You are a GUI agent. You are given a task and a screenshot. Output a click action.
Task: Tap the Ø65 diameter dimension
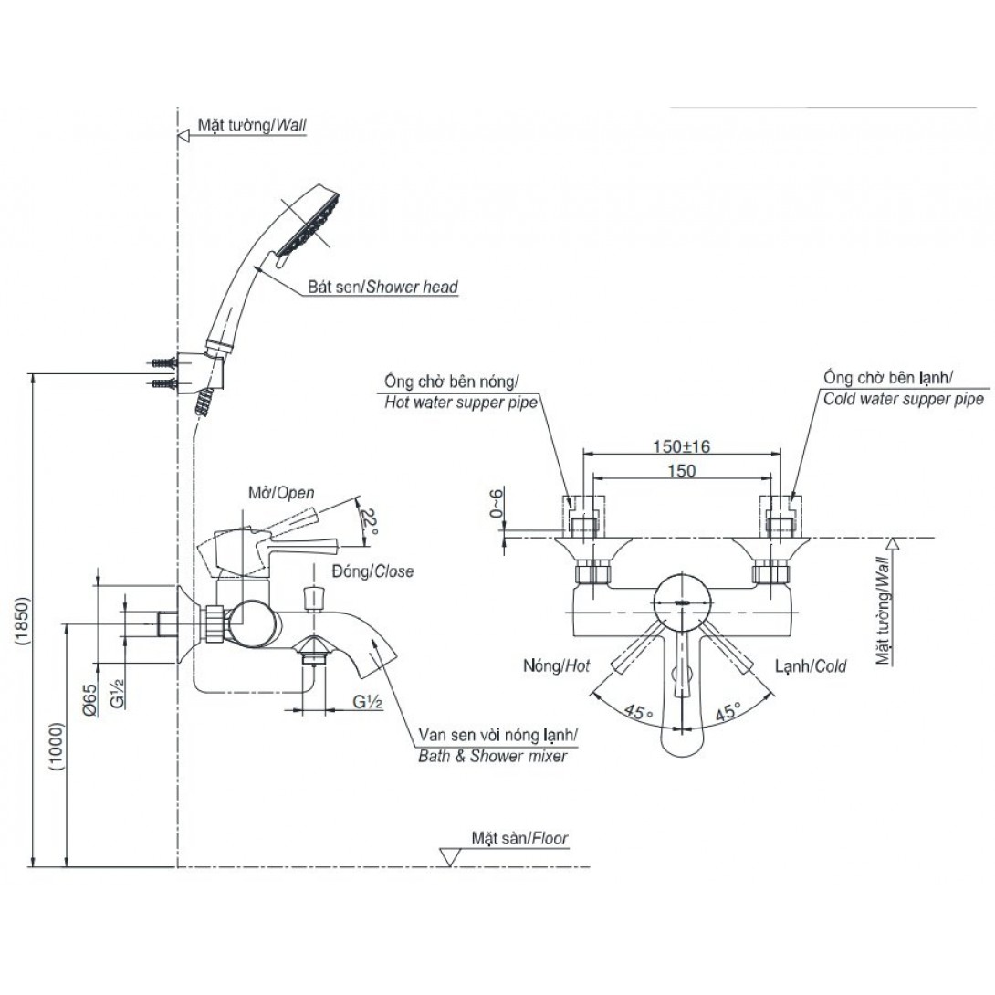click(x=89, y=696)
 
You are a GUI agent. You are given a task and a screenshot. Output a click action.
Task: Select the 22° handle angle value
click(x=369, y=521)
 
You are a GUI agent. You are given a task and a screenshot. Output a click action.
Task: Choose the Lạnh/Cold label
click(x=811, y=666)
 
